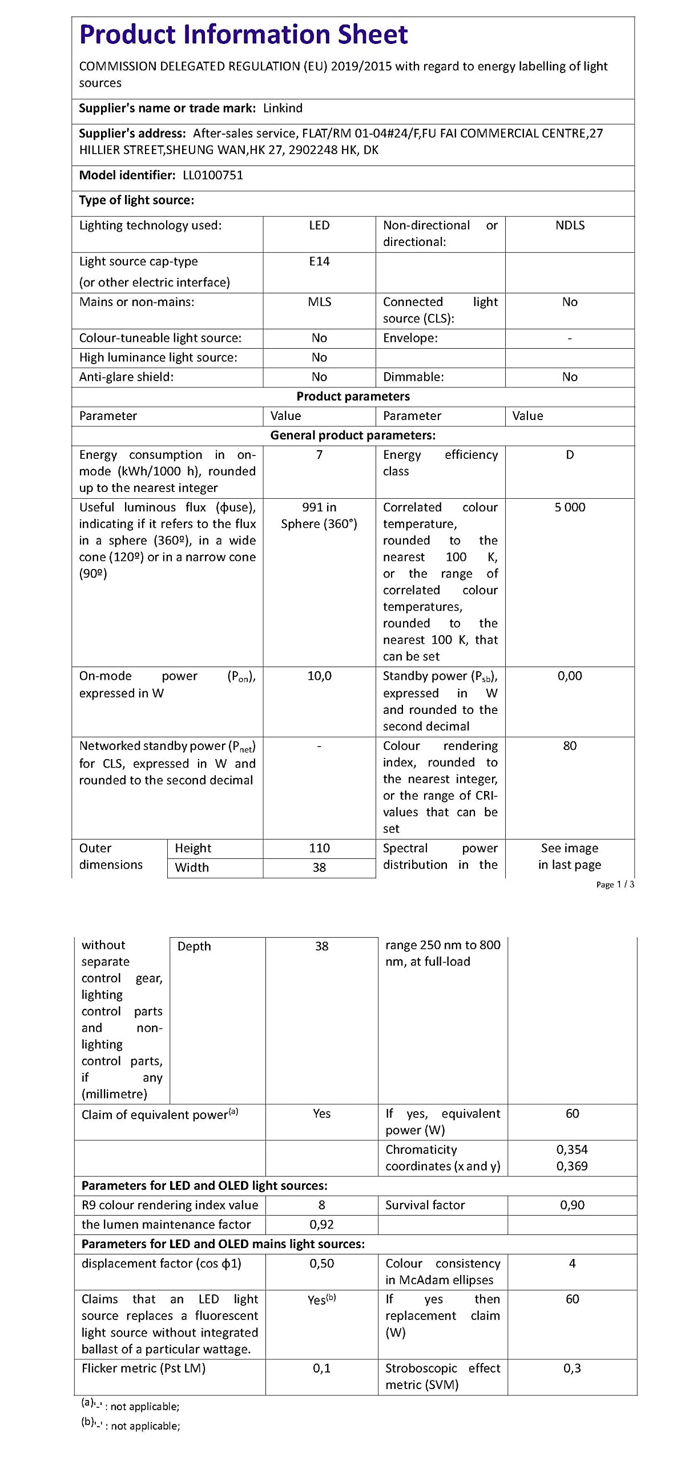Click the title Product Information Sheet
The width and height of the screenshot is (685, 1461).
tap(243, 35)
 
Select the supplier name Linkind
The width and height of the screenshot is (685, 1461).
tap(283, 108)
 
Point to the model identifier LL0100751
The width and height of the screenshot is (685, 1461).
tap(213, 175)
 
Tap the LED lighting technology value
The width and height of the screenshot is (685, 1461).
tap(319, 225)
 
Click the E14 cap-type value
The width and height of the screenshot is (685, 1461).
tap(319, 261)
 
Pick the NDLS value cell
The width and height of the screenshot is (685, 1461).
tap(570, 225)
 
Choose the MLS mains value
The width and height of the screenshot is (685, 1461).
tap(319, 302)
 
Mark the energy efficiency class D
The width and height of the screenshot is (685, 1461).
tap(570, 455)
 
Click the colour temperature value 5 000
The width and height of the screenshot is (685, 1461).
tap(570, 507)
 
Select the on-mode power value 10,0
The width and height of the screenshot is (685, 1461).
tap(319, 676)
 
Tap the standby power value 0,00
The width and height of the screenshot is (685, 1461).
tap(570, 676)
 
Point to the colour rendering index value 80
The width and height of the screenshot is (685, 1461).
tap(570, 746)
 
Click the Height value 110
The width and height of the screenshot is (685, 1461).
tap(319, 848)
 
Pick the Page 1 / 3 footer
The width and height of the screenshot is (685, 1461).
tap(615, 885)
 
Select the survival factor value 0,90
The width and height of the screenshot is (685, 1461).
tap(572, 1205)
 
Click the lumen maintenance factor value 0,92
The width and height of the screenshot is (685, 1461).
tap(321, 1224)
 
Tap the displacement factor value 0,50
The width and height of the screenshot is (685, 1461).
tap(321, 1264)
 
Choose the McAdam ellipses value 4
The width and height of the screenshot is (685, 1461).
tap(572, 1264)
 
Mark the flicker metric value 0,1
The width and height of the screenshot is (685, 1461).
tap(321, 1368)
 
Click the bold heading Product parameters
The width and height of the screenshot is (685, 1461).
tap(353, 397)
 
